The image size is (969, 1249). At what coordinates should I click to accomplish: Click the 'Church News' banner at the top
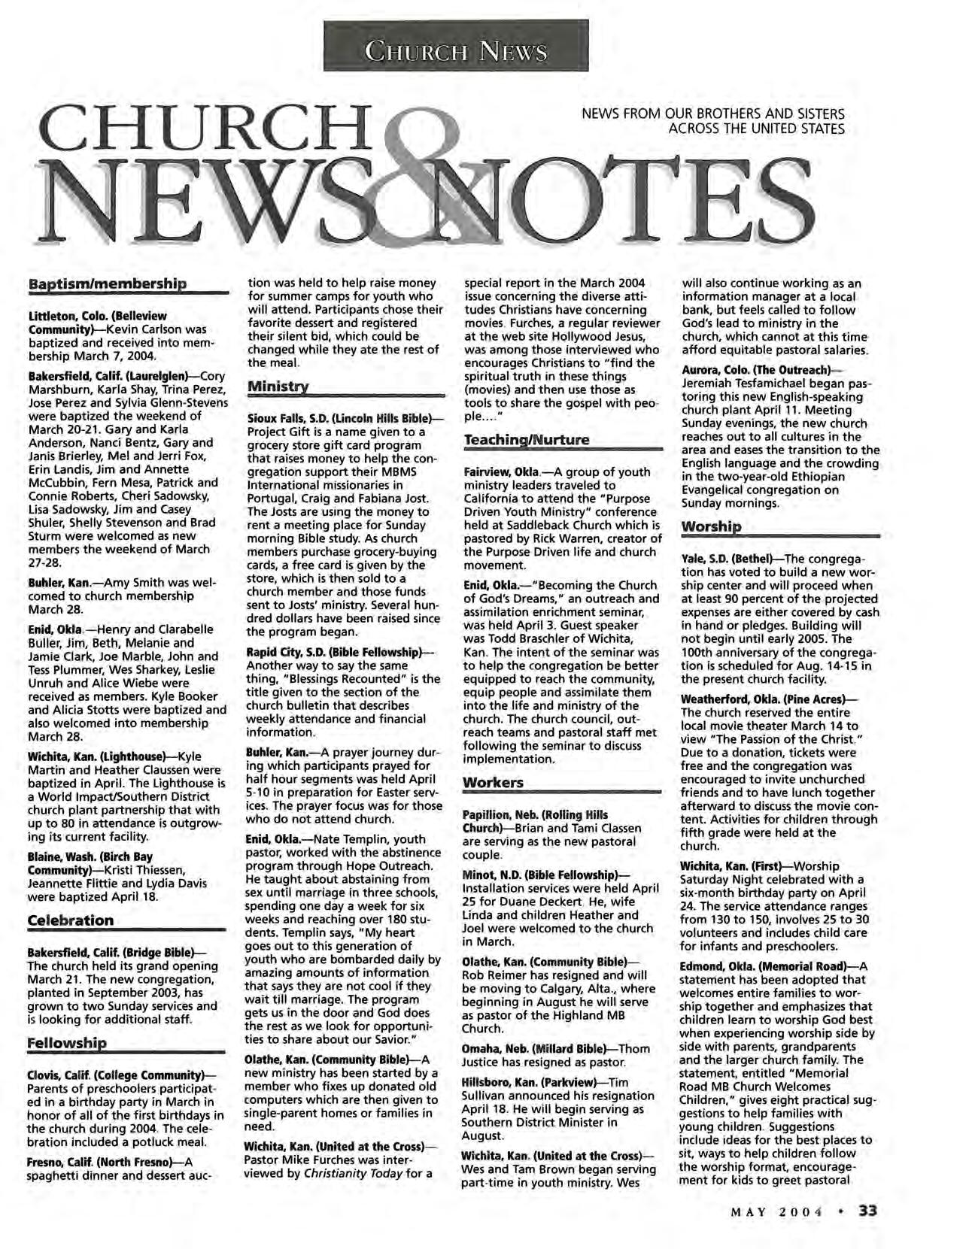[455, 50]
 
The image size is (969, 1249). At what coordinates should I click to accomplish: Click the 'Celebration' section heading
[70, 920]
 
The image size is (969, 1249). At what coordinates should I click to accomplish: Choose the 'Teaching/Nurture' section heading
[526, 440]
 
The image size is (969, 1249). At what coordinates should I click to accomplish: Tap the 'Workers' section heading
[493, 783]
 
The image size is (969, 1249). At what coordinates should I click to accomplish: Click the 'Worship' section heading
[710, 526]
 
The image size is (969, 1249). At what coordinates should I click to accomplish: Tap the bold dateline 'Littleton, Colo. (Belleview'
[97, 316]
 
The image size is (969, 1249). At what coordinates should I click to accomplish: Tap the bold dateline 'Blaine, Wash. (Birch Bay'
[90, 856]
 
